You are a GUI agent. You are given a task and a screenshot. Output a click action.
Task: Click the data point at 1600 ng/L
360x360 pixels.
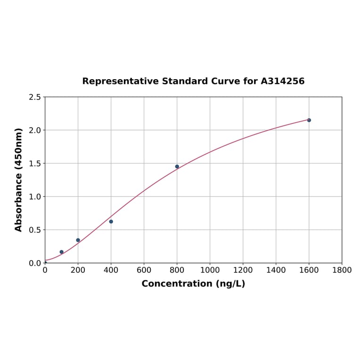(309, 120)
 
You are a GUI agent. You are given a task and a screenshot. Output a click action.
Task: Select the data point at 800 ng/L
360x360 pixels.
(177, 166)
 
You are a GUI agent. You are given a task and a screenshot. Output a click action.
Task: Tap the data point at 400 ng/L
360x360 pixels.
(111, 221)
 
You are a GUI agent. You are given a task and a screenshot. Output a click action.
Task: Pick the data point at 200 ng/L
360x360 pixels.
(78, 240)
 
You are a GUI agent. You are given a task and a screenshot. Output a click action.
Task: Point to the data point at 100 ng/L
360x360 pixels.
(62, 252)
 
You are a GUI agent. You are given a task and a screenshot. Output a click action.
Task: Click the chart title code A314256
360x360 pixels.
(283, 81)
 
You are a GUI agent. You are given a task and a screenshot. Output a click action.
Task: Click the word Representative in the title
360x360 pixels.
(121, 81)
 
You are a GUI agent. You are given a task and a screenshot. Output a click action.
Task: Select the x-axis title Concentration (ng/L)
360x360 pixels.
(193, 284)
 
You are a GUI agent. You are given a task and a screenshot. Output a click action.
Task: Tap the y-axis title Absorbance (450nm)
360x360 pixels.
(19, 180)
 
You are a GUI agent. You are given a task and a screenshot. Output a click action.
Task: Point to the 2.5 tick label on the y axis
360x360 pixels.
(35, 97)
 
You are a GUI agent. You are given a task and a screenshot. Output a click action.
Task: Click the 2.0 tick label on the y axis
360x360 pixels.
(35, 130)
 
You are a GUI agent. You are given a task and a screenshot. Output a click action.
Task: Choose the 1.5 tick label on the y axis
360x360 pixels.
(35, 164)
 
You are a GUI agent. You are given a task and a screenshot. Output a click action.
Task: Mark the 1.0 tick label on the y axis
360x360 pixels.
(35, 196)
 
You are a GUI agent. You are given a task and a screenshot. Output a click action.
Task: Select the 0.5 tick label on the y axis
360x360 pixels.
(35, 230)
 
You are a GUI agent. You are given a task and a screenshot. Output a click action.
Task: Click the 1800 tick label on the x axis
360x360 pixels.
(342, 270)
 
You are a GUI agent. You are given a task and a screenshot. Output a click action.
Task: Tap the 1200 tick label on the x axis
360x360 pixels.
(243, 270)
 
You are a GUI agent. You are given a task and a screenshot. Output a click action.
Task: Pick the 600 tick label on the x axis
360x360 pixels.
(144, 270)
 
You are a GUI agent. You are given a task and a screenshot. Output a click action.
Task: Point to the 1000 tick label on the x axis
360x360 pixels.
(210, 270)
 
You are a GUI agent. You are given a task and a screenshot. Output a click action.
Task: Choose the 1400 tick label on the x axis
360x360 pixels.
(276, 270)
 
